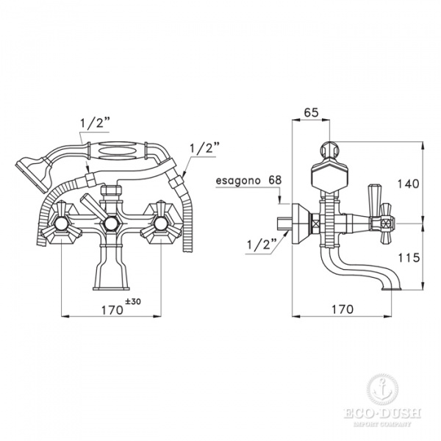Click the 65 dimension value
310,113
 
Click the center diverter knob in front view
110,223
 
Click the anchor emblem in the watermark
381,387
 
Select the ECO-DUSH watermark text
381,415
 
